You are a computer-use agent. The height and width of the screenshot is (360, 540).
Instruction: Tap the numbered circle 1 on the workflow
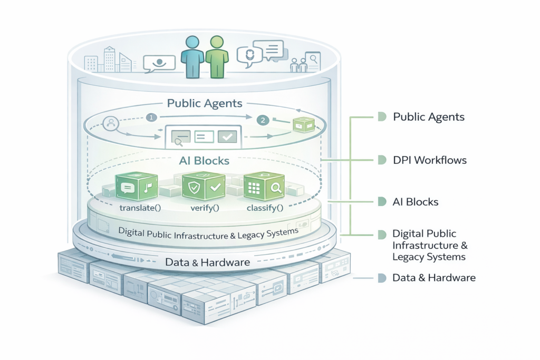(x=151, y=118)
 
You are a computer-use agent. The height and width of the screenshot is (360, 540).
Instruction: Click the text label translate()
(x=140, y=208)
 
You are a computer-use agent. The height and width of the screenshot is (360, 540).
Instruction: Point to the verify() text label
(x=205, y=208)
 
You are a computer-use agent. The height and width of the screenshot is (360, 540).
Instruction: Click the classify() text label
(x=265, y=208)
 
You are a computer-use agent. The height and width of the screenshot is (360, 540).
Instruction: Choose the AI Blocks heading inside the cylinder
(x=205, y=160)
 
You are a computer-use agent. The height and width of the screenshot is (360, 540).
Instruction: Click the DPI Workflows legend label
(x=430, y=159)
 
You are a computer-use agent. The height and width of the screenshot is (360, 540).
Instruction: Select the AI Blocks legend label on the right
(x=416, y=202)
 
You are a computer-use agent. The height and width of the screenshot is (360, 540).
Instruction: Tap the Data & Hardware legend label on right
(x=434, y=277)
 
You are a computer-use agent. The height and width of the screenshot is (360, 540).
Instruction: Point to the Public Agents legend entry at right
(x=429, y=116)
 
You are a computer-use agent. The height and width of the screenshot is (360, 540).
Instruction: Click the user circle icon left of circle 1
(x=111, y=124)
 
